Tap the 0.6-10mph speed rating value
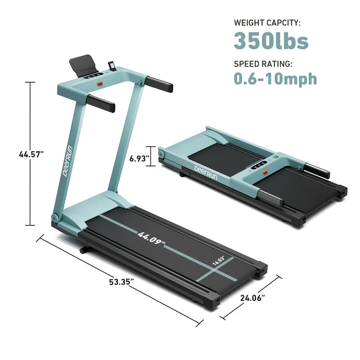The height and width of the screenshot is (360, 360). tap(275, 79)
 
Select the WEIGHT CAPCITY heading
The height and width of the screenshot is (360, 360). tap(267, 22)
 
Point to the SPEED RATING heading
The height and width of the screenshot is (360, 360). tap(263, 63)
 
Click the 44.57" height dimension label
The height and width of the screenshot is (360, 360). tap(31, 154)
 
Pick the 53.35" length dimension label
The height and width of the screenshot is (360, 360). tap(121, 282)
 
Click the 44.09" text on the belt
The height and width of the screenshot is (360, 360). tap(152, 238)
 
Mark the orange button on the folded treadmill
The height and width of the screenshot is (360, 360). tap(265, 171)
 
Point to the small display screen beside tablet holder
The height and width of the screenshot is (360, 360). tap(111, 67)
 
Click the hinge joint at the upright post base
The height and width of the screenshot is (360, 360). tap(55, 218)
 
